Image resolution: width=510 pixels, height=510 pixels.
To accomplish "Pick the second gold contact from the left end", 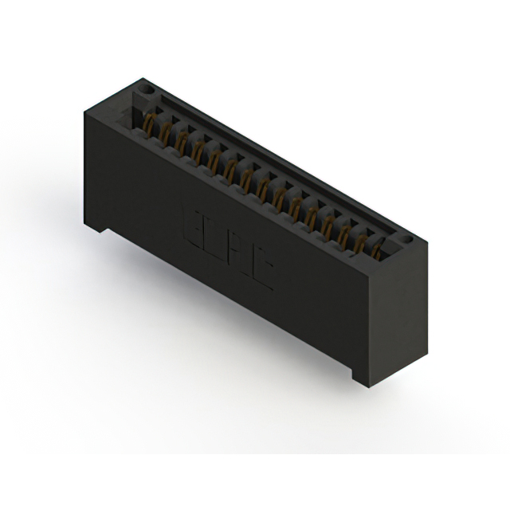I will click(165, 132).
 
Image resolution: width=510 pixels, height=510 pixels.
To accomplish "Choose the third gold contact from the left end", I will click(182, 141).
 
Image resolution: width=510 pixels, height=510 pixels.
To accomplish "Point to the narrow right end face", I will click(398, 319).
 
